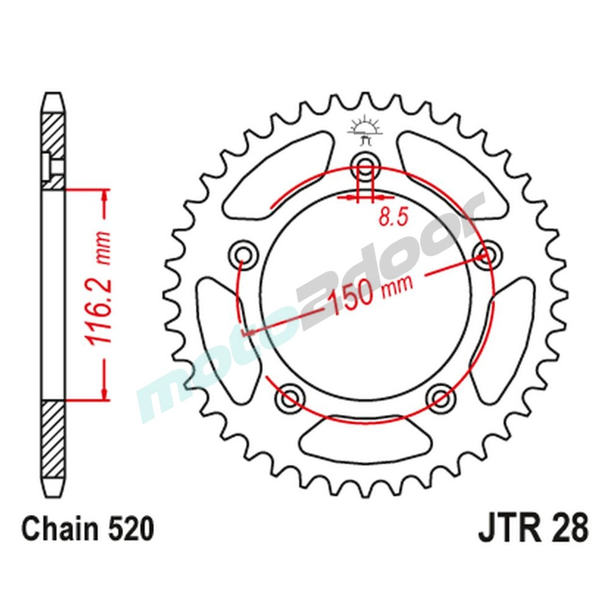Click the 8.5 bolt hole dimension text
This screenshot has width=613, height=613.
point(394,217)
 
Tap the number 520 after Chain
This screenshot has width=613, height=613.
point(128,529)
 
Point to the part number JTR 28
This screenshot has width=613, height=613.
point(531,528)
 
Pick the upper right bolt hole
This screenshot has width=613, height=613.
point(487,253)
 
